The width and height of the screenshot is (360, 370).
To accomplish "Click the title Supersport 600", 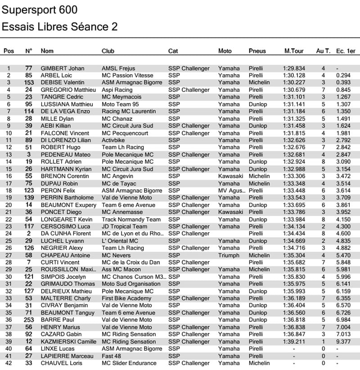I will (x=40, y=10).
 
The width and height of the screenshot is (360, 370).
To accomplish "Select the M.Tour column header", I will (x=294, y=51).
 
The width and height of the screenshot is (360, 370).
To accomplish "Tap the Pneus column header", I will (x=257, y=51).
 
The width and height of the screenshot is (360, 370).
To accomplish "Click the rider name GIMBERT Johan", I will (x=63, y=68).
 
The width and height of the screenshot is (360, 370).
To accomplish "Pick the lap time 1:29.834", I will (x=294, y=68).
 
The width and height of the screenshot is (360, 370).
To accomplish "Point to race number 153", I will (x=29, y=82).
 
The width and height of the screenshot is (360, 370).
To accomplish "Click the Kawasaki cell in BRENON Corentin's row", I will (x=230, y=176).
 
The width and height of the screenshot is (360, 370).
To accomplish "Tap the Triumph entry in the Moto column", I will (x=229, y=255).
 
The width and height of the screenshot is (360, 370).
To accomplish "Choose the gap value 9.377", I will (x=343, y=342).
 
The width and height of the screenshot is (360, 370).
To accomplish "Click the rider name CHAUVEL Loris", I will (x=62, y=363).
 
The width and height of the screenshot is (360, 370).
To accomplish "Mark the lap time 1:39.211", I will (x=294, y=342).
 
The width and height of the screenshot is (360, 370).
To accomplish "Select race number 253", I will (x=29, y=320).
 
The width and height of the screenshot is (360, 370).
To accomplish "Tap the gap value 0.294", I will (x=343, y=76).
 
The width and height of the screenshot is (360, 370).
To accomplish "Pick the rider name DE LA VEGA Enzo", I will (x=66, y=111).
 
